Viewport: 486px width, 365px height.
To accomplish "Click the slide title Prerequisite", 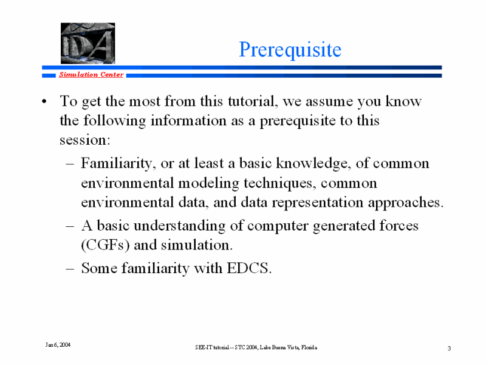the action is pyautogui.click(x=290, y=50).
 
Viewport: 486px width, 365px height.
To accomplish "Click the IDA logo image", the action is pyautogui.click(x=87, y=43).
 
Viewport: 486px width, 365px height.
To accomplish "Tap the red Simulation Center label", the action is pyautogui.click(x=91, y=74).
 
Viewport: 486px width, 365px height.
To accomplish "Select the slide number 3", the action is pyautogui.click(x=449, y=348).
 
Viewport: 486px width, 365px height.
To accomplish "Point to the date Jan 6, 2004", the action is pyautogui.click(x=58, y=345).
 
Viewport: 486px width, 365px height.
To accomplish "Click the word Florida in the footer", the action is pyautogui.click(x=309, y=347).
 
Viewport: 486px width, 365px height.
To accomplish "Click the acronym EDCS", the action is pyautogui.click(x=249, y=268).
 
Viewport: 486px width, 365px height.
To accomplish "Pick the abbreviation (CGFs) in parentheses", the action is pyautogui.click(x=105, y=245).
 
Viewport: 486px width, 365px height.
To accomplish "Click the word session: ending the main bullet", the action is pyautogui.click(x=85, y=140).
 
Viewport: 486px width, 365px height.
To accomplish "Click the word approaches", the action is pyautogui.click(x=406, y=203).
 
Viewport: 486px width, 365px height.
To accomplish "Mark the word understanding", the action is pyautogui.click(x=179, y=226).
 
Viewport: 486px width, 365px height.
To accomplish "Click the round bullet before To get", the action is pyautogui.click(x=44, y=102).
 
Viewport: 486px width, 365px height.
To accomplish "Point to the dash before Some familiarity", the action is pyautogui.click(x=70, y=268).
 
